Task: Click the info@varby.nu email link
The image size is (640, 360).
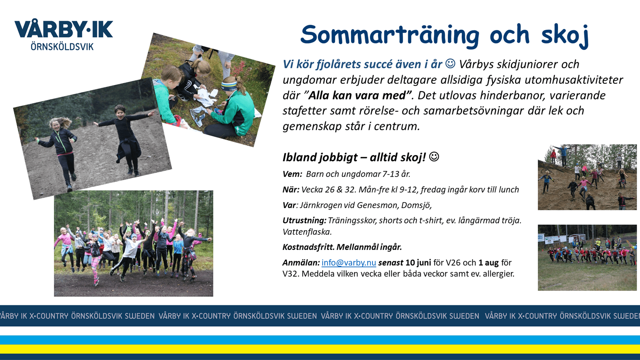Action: click(349, 263)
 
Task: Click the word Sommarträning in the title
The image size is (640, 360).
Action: click(390, 35)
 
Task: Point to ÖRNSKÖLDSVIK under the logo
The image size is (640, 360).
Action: click(62, 46)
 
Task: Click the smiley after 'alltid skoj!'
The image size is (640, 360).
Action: click(434, 157)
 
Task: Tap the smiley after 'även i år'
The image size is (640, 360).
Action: click(450, 64)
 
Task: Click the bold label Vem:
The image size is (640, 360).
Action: click(292, 174)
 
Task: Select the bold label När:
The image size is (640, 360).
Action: click(291, 190)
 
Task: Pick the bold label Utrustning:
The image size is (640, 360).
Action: click(304, 220)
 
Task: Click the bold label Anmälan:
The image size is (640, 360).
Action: click(301, 263)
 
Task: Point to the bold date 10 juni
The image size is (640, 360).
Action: click(418, 263)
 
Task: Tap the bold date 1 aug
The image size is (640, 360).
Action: click(488, 263)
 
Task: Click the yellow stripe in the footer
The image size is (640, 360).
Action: click(320, 349)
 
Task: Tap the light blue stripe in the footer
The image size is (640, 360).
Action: click(320, 340)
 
